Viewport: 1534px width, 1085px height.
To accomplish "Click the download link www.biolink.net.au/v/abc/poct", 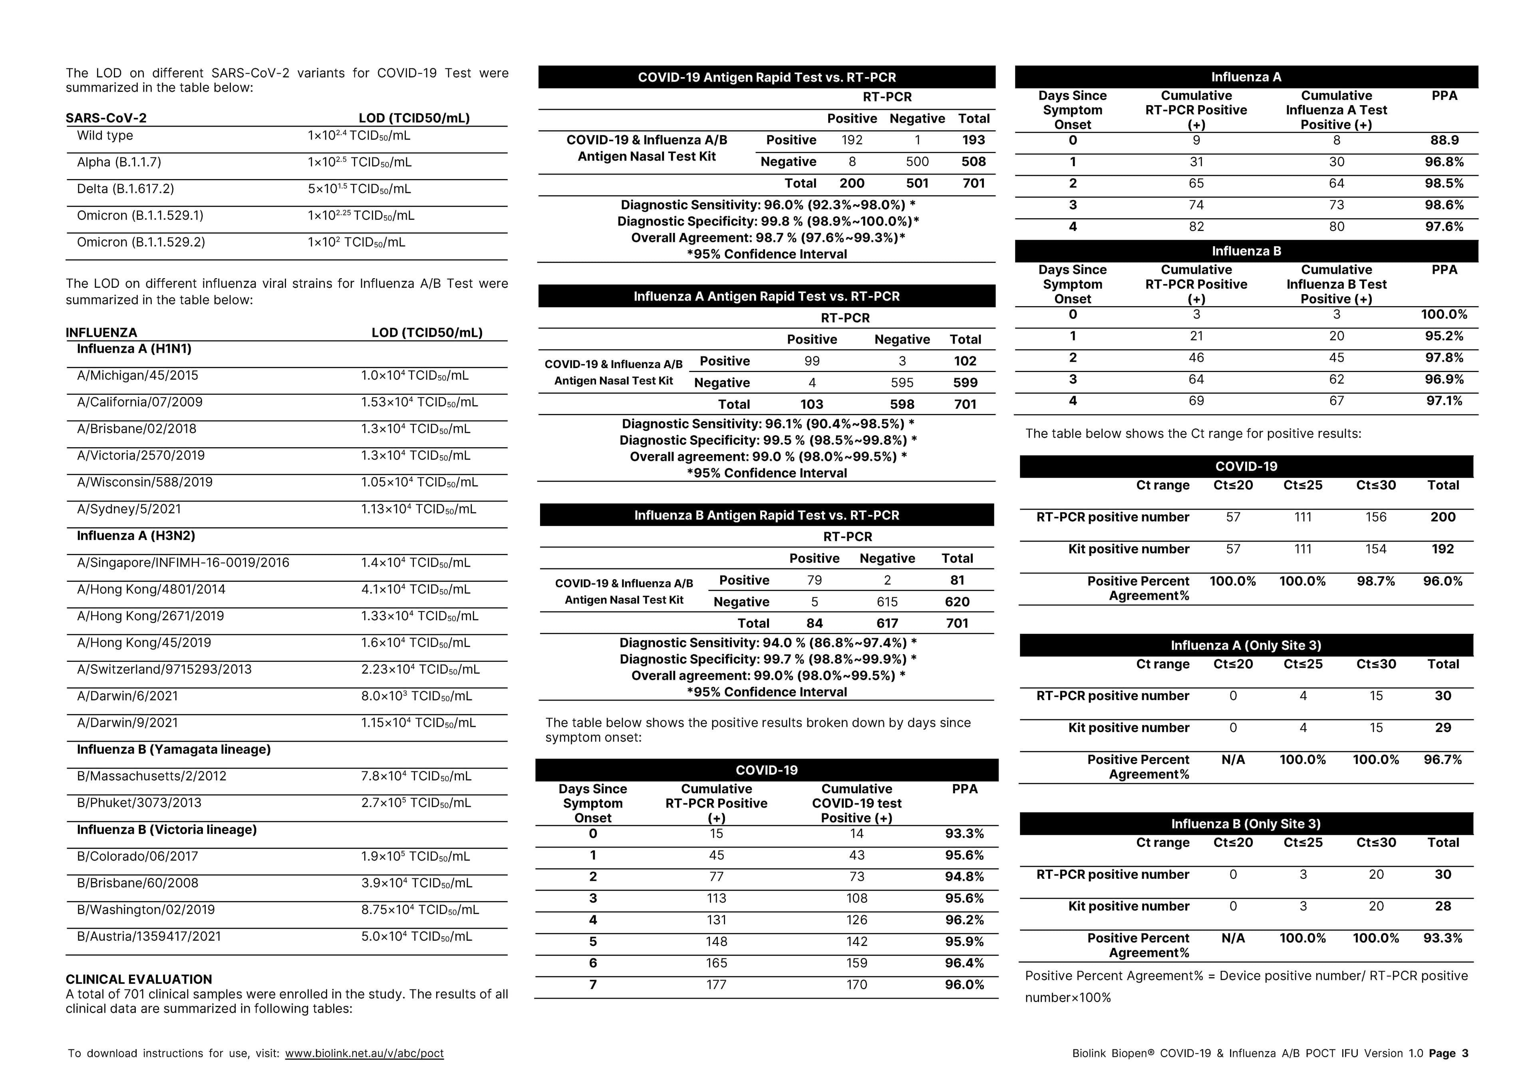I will click(x=364, y=1053).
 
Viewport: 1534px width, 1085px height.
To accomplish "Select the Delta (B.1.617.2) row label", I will click(x=125, y=189).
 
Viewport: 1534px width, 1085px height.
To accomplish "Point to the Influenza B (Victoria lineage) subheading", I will click(x=166, y=830).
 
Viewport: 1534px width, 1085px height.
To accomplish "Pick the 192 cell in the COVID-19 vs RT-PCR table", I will click(x=852, y=140).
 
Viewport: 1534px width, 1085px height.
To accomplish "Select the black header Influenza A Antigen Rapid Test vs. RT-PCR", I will click(x=766, y=296).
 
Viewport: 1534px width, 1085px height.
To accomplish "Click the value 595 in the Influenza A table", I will click(x=902, y=382).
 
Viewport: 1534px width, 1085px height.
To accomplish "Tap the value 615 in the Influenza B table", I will click(x=887, y=602).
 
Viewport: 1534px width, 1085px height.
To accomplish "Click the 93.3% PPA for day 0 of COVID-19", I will click(x=964, y=834).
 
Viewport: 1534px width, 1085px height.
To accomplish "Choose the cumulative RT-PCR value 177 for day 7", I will click(x=716, y=985).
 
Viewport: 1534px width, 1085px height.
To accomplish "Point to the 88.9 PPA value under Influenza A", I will click(x=1445, y=140).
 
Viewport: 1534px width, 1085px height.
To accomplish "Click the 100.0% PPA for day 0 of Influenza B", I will click(x=1444, y=314).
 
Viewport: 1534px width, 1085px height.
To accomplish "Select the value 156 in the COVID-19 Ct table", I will click(x=1376, y=517).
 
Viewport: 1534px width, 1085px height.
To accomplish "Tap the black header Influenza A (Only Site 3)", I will click(x=1246, y=645).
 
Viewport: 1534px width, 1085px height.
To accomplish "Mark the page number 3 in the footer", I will click(x=1465, y=1053).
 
